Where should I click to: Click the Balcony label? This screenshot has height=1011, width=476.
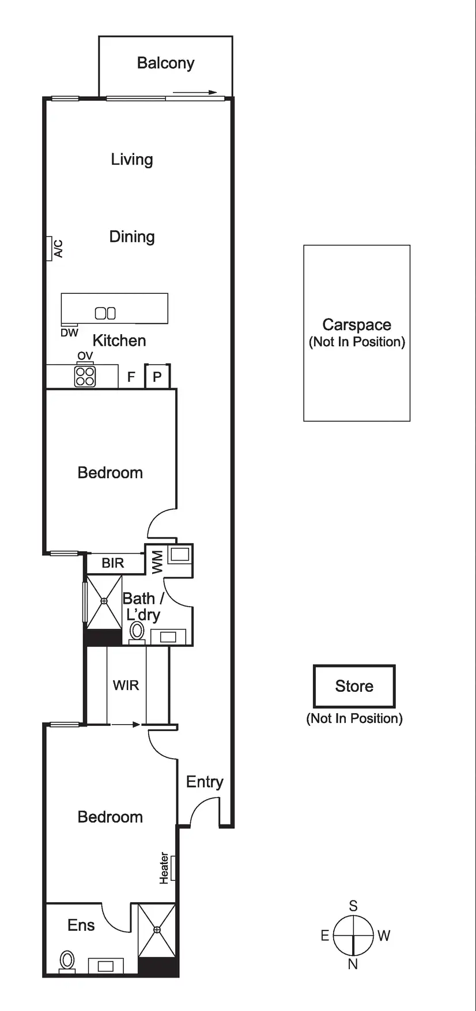click(x=165, y=63)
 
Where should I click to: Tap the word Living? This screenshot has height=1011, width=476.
click(x=132, y=159)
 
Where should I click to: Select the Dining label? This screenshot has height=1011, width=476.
click(x=132, y=236)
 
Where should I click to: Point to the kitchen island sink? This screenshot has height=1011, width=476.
click(x=105, y=313)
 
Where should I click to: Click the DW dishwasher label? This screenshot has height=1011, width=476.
click(x=69, y=333)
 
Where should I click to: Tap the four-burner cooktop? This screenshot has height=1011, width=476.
click(x=85, y=376)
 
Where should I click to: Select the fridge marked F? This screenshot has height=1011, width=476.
click(x=131, y=377)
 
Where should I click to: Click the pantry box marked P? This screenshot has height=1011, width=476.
click(x=157, y=377)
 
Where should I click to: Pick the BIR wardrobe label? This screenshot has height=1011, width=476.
click(x=113, y=563)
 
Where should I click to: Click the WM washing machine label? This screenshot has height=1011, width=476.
click(x=157, y=561)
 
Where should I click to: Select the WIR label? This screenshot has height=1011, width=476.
click(x=126, y=685)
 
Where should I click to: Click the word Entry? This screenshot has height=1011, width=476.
click(x=205, y=782)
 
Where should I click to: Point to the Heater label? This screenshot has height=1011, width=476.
click(x=165, y=868)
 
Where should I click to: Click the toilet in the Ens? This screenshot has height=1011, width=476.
click(x=68, y=960)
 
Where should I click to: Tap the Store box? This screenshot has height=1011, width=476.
click(x=354, y=686)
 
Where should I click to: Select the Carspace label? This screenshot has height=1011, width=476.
click(x=357, y=325)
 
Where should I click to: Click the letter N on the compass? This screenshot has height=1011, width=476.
click(x=353, y=963)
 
